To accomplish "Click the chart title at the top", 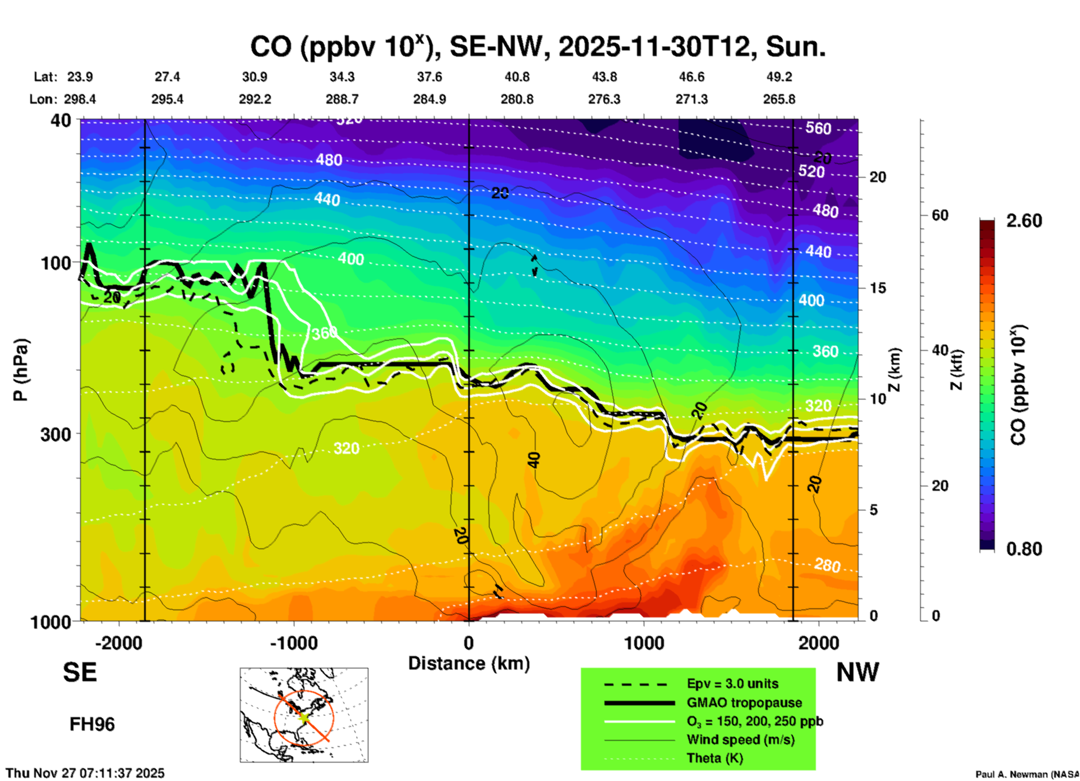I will coord(538,47).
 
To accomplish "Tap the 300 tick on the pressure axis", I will coord(56,434).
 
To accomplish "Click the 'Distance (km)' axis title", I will coord(469,663).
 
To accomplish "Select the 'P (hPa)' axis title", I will coord(20,369).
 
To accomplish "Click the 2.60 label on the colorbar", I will coord(1024,221).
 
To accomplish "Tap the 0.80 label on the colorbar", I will coord(1024,548).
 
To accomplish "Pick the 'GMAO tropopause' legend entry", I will coord(744,703).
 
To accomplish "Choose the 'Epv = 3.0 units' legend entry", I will coord(732,684).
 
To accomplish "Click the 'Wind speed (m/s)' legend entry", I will coord(740,740).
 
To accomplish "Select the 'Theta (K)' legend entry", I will coord(715,758).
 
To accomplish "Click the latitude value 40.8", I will coord(516,77).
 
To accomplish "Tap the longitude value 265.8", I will coord(779,99).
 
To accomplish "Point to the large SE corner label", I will coord(80,672).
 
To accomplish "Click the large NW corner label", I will coord(857,672).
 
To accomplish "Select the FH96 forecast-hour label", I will coord(92,724).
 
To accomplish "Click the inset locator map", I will coord(304,714).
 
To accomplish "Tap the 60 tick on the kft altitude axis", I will coord(940,215).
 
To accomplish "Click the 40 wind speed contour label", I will coord(534,460).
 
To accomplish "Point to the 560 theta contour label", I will coord(818,128).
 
